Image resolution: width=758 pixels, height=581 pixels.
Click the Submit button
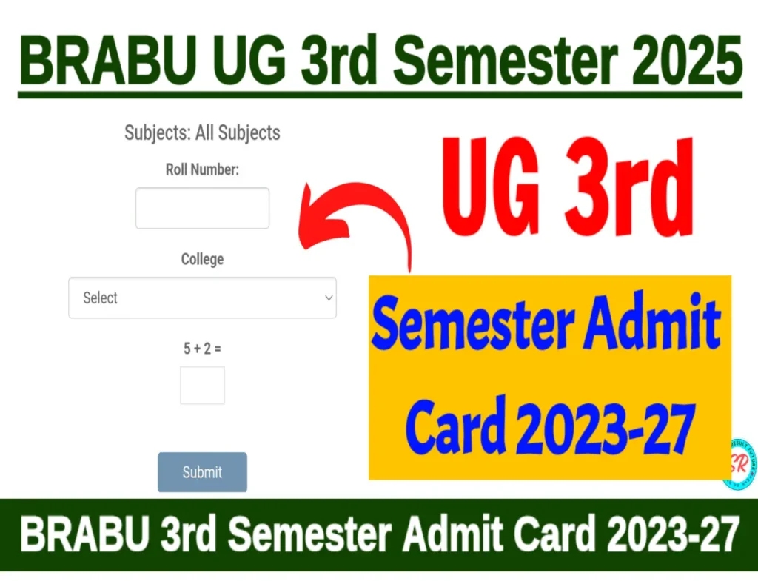click(202, 471)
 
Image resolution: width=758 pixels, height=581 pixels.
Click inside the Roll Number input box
click(202, 208)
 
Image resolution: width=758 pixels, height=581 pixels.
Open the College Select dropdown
click(202, 298)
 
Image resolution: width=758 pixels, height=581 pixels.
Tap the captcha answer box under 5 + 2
click(202, 386)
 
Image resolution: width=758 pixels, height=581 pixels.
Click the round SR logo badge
click(740, 465)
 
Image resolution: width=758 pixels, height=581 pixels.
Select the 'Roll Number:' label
click(202, 169)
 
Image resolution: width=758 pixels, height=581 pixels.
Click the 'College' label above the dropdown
click(202, 259)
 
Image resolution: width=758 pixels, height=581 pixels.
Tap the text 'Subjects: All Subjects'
click(202, 132)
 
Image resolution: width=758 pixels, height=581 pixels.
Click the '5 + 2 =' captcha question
click(202, 348)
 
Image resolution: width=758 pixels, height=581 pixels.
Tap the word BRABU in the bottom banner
click(85, 534)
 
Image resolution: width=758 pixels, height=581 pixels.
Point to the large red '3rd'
click(629, 187)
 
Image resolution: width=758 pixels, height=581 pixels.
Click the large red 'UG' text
click(490, 187)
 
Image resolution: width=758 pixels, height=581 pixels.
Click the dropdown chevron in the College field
click(329, 298)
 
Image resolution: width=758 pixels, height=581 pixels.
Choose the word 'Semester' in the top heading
click(506, 61)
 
